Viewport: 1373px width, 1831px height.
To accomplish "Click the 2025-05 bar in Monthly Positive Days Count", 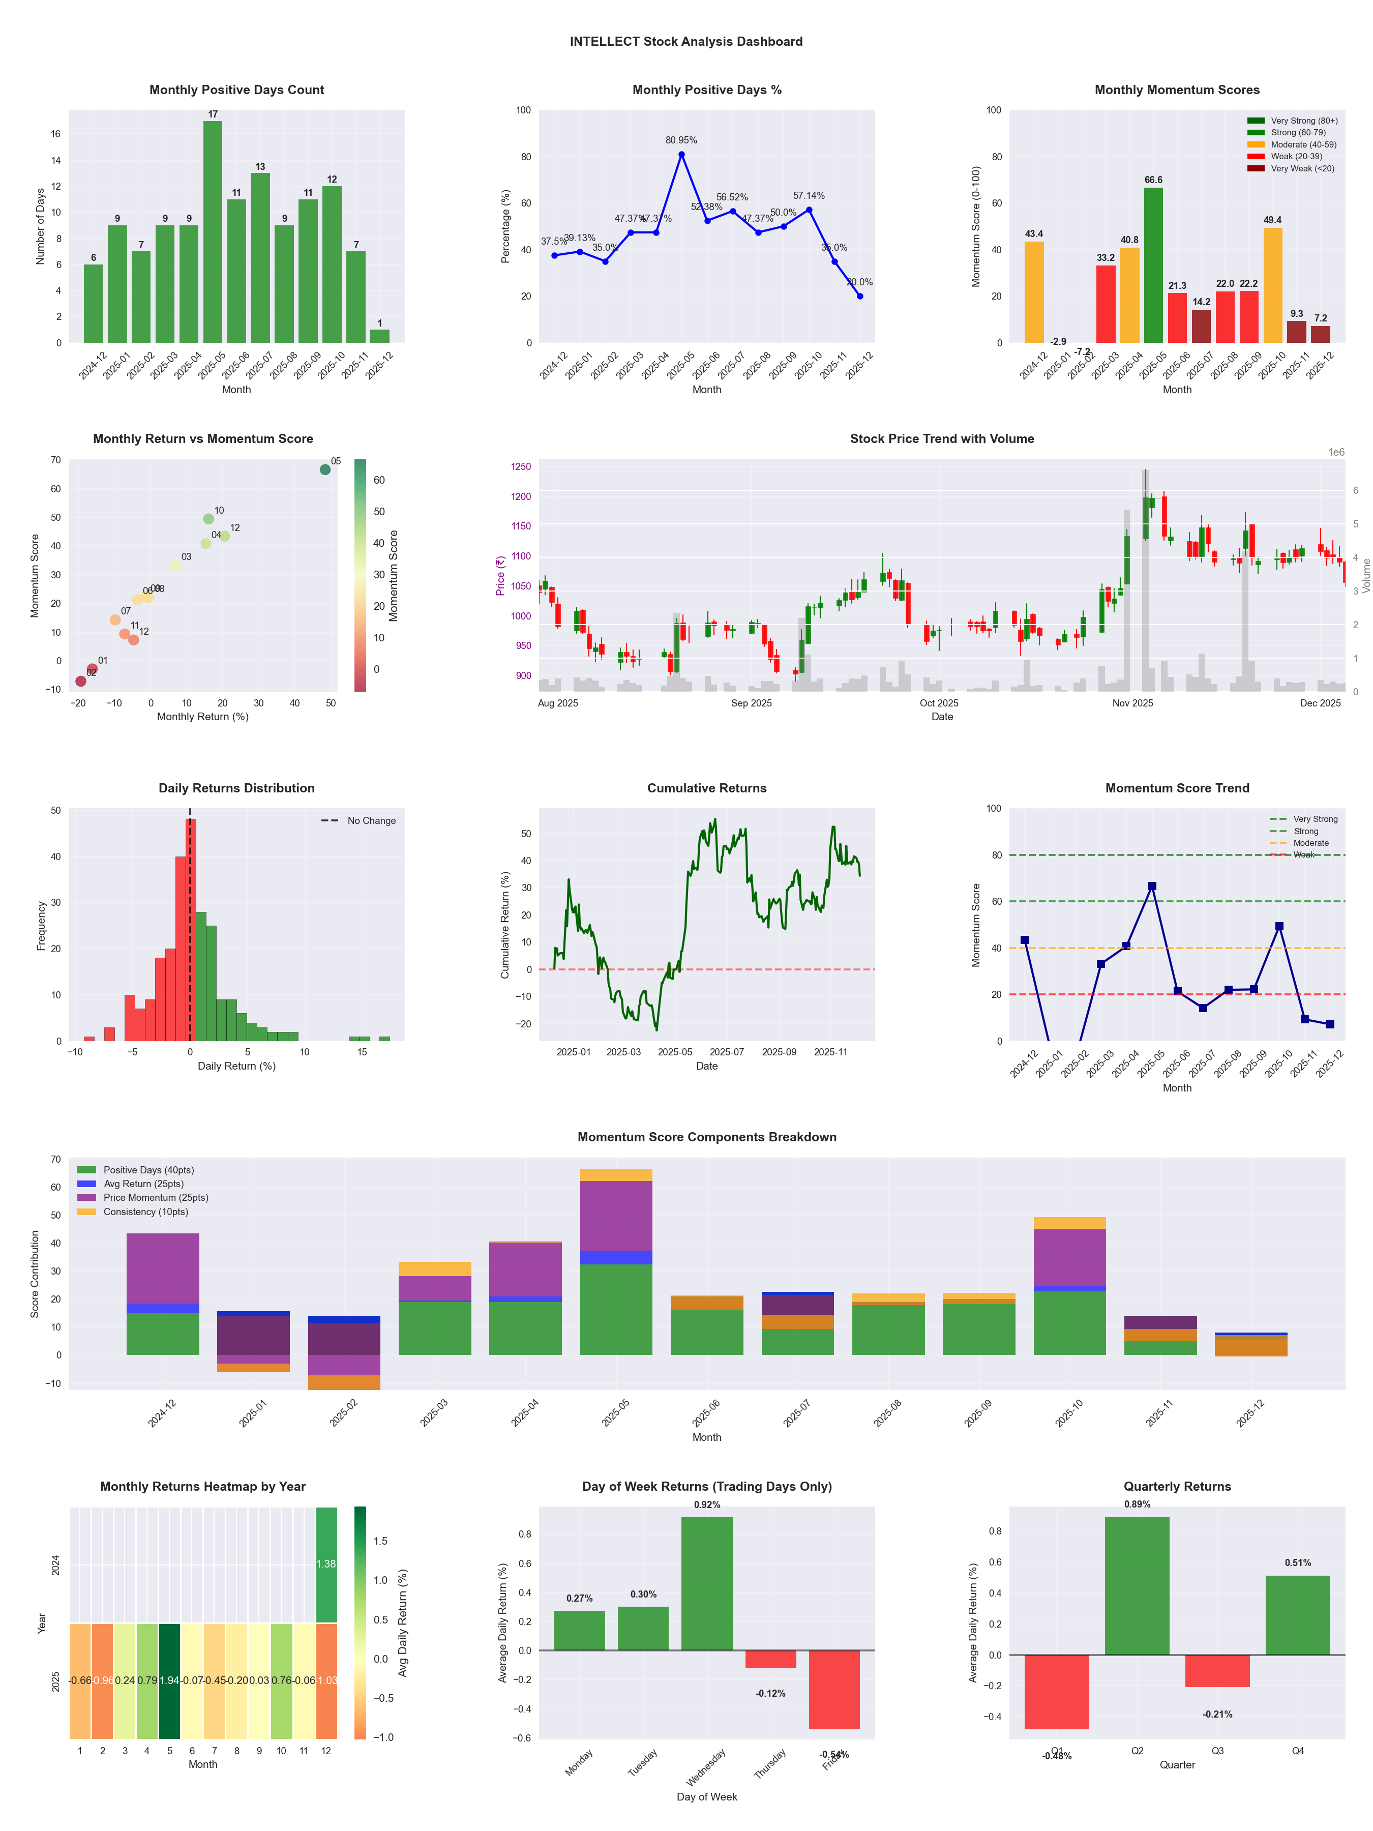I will (x=213, y=232).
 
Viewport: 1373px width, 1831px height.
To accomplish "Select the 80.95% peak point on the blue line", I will (x=681, y=155).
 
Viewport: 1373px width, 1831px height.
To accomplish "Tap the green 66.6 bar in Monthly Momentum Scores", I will (x=1153, y=265).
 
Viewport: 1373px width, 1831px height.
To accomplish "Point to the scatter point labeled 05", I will (x=325, y=469).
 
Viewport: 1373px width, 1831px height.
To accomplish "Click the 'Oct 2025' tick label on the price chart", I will (x=939, y=703).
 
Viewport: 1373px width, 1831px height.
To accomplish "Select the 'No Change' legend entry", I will (x=371, y=821).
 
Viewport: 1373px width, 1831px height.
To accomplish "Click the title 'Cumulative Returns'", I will (x=707, y=788).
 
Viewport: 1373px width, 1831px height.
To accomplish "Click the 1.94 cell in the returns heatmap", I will (x=170, y=1681).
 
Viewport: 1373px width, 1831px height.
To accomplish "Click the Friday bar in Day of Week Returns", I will (x=834, y=1690).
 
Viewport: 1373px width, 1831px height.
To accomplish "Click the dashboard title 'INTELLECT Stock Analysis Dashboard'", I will (x=686, y=41).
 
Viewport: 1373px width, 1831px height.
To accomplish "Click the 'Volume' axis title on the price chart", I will (x=1366, y=575).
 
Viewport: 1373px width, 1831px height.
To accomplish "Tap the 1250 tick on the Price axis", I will (x=521, y=467).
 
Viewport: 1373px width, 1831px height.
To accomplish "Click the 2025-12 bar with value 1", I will (x=380, y=336).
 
